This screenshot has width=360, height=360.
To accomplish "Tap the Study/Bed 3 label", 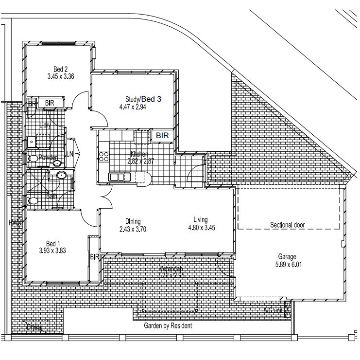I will click(143, 99).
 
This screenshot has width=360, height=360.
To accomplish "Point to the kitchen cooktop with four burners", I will click(103, 156).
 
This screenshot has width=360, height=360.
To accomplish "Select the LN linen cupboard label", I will click(70, 154).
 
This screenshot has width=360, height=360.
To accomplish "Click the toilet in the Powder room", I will click(33, 159).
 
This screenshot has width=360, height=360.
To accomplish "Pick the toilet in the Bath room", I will click(33, 200).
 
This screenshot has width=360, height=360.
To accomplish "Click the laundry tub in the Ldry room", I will click(32, 141).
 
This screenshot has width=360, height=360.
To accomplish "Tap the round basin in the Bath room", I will click(61, 176).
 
